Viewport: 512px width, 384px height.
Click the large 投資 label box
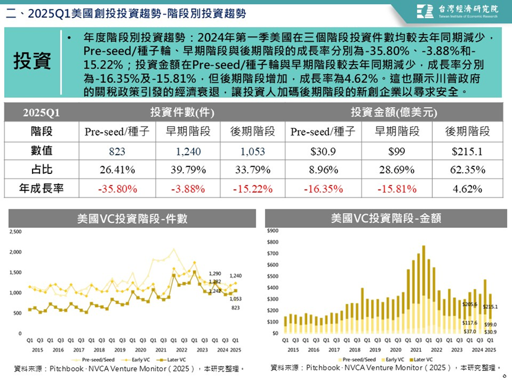coord(33,61)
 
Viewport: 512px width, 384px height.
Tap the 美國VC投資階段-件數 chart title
coord(132,218)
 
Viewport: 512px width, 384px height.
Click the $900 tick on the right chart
coord(273,230)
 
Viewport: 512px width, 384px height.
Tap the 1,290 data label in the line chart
coord(215,274)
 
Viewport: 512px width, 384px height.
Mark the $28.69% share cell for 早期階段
coord(397,170)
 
